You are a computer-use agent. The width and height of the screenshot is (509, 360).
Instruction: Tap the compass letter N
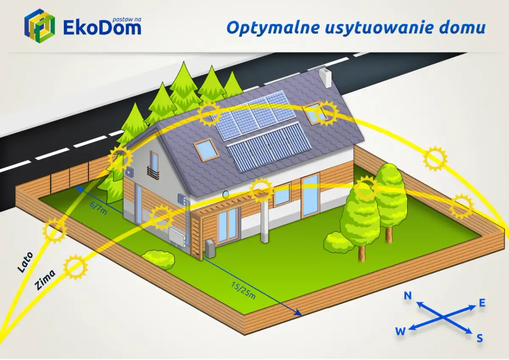coord(408,296)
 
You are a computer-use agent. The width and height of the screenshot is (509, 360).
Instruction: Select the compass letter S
coord(480,338)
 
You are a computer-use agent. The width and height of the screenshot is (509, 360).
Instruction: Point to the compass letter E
coord(482,303)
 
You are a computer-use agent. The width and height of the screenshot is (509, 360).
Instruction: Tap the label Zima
coord(45,280)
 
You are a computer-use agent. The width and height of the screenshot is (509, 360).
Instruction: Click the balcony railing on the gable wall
coord(153,172)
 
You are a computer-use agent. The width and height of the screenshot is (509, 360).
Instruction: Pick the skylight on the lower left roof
coord(206,149)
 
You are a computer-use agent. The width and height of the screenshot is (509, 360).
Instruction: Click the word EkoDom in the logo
coord(102,28)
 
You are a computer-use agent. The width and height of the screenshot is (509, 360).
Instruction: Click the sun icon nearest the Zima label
coord(76,267)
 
